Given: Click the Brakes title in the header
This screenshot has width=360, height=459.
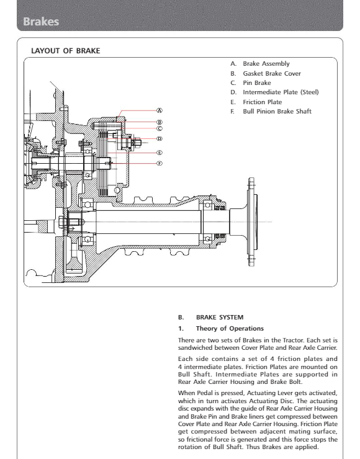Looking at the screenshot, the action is coord(41,21).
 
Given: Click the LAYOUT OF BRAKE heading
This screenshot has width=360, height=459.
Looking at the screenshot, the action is coord(66,51).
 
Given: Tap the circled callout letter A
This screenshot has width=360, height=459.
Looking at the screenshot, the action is coord(160,110).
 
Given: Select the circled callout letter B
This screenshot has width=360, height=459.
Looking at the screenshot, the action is coord(160,122).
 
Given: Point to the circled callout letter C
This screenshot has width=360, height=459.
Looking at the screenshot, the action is coord(160,128).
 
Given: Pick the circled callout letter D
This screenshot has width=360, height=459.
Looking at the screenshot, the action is coord(160,139).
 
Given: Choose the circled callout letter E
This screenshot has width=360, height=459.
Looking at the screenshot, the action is coord(160,153).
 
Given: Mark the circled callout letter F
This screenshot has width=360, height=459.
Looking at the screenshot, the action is coord(160,163).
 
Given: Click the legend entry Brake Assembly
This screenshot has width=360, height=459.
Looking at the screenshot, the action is coord(266,64).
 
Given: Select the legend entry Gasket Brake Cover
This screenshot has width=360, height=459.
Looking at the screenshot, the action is coord(272,73).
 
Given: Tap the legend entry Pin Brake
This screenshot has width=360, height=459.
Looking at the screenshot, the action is coord(257,83).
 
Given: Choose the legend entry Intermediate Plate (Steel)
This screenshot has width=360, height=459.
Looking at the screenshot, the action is coord(281,92).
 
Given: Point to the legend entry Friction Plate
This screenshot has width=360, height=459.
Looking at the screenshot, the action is coord(263,102).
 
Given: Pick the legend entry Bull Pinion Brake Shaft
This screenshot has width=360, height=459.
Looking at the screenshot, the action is coord(277,111).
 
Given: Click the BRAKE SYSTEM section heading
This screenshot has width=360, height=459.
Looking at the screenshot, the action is coord(220,318).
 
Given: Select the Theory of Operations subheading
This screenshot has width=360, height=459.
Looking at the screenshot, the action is coord(230,329).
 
